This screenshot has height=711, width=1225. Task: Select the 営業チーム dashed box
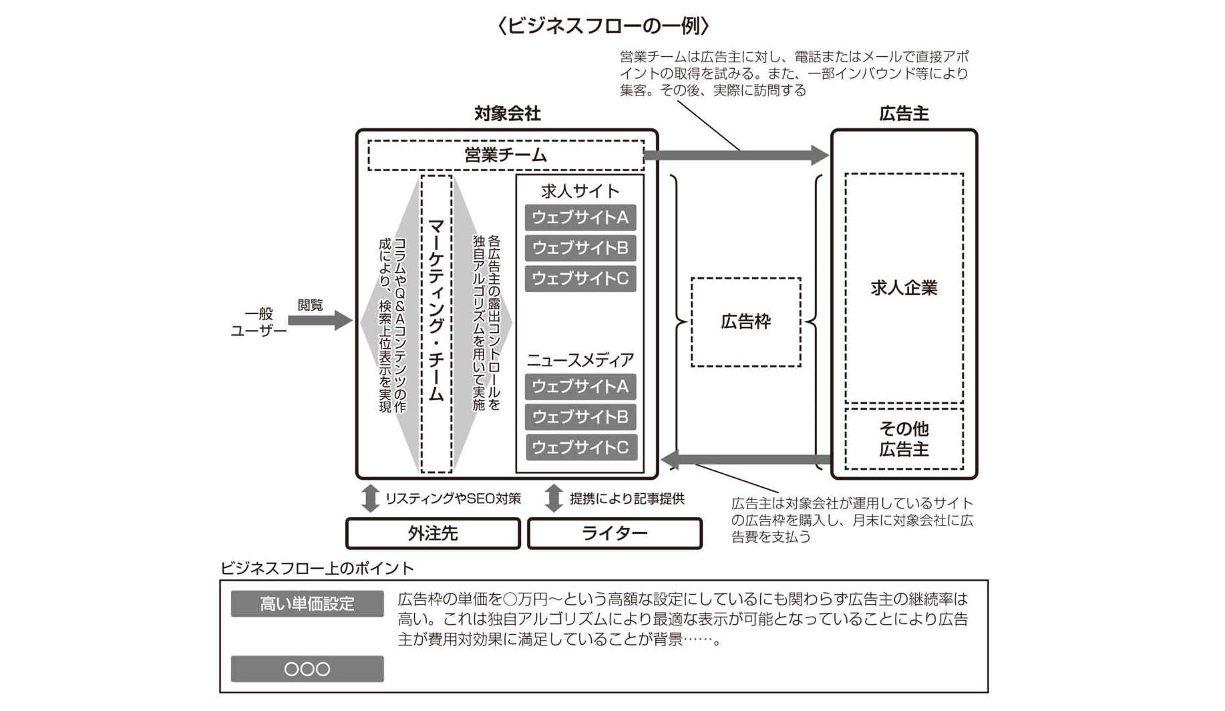point(506,155)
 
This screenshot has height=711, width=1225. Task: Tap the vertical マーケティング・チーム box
point(436,323)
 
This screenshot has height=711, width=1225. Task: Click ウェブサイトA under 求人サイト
point(580,218)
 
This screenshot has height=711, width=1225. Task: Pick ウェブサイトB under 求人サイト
point(580,248)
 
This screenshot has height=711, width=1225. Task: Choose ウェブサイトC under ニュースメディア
point(580,447)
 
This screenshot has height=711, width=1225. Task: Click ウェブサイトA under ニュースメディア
point(580,386)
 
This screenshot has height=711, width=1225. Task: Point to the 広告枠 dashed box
point(745,322)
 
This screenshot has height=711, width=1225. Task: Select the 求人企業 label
point(904,288)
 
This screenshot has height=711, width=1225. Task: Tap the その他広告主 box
point(904,439)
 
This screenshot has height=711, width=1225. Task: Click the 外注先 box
point(433,533)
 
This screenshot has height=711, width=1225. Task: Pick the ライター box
point(615,533)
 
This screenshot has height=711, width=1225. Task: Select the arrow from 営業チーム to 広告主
point(735,155)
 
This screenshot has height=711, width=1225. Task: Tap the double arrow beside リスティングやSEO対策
point(370,499)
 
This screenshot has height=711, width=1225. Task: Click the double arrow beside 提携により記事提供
point(554,499)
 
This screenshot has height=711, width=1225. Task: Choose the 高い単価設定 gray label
point(307,604)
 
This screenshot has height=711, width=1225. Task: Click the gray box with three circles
point(307,669)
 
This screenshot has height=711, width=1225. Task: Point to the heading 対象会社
point(507,114)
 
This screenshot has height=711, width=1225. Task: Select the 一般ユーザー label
point(258,322)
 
